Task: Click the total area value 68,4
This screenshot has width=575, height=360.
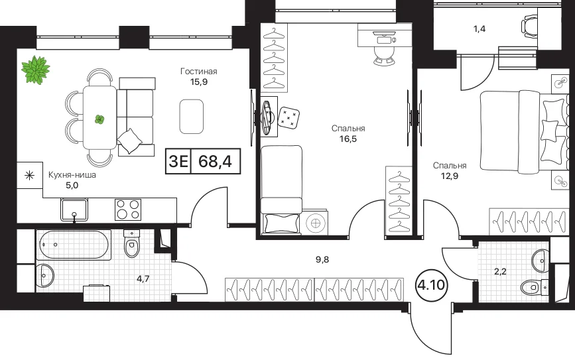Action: pyautogui.click(x=216, y=161)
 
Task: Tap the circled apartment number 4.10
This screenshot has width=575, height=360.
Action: pyautogui.click(x=431, y=285)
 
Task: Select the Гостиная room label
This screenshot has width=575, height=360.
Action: pyautogui.click(x=199, y=71)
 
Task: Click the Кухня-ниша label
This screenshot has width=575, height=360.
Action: pyautogui.click(x=72, y=175)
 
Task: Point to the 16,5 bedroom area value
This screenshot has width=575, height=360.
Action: pyautogui.click(x=348, y=139)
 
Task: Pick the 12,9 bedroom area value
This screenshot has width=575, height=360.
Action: pyautogui.click(x=450, y=176)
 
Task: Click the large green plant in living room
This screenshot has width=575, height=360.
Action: pyautogui.click(x=36, y=69)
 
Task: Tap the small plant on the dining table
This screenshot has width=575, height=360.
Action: pyautogui.click(x=99, y=119)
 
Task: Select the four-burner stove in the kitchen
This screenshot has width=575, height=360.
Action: pyautogui.click(x=128, y=210)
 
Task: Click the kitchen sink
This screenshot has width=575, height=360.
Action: pyautogui.click(x=74, y=210)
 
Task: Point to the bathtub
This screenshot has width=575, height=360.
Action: pyautogui.click(x=74, y=245)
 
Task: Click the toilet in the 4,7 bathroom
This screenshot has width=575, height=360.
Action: pyautogui.click(x=132, y=244)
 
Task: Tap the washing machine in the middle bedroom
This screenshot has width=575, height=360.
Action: pyautogui.click(x=314, y=222)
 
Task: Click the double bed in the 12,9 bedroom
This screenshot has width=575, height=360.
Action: pyautogui.click(x=522, y=131)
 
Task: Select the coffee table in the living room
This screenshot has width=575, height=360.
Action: pyautogui.click(x=192, y=117)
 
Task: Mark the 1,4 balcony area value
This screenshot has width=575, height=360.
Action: pyautogui.click(x=479, y=29)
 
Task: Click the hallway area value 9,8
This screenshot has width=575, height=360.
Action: pyautogui.click(x=322, y=259)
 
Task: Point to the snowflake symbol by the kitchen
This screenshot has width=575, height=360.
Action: pyautogui.click(x=29, y=176)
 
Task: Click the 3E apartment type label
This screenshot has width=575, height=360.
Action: pyautogui.click(x=178, y=161)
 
